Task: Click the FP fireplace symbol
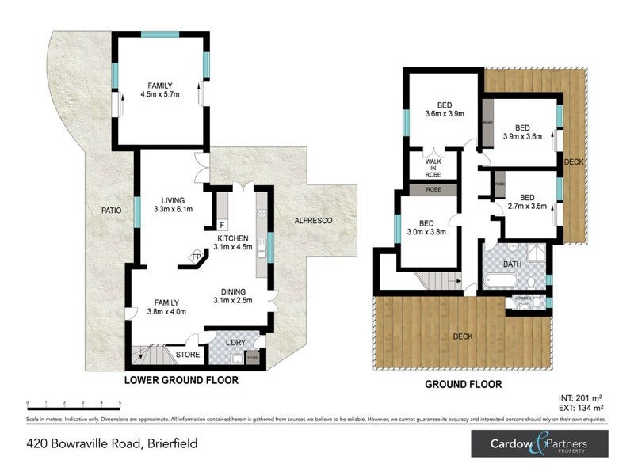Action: (x=196, y=256)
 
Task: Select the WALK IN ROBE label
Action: (x=433, y=168)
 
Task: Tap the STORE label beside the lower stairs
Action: (x=188, y=355)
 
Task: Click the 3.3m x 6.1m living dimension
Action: (x=173, y=210)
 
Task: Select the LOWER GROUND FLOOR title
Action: (x=181, y=381)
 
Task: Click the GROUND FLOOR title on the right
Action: (x=464, y=384)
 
